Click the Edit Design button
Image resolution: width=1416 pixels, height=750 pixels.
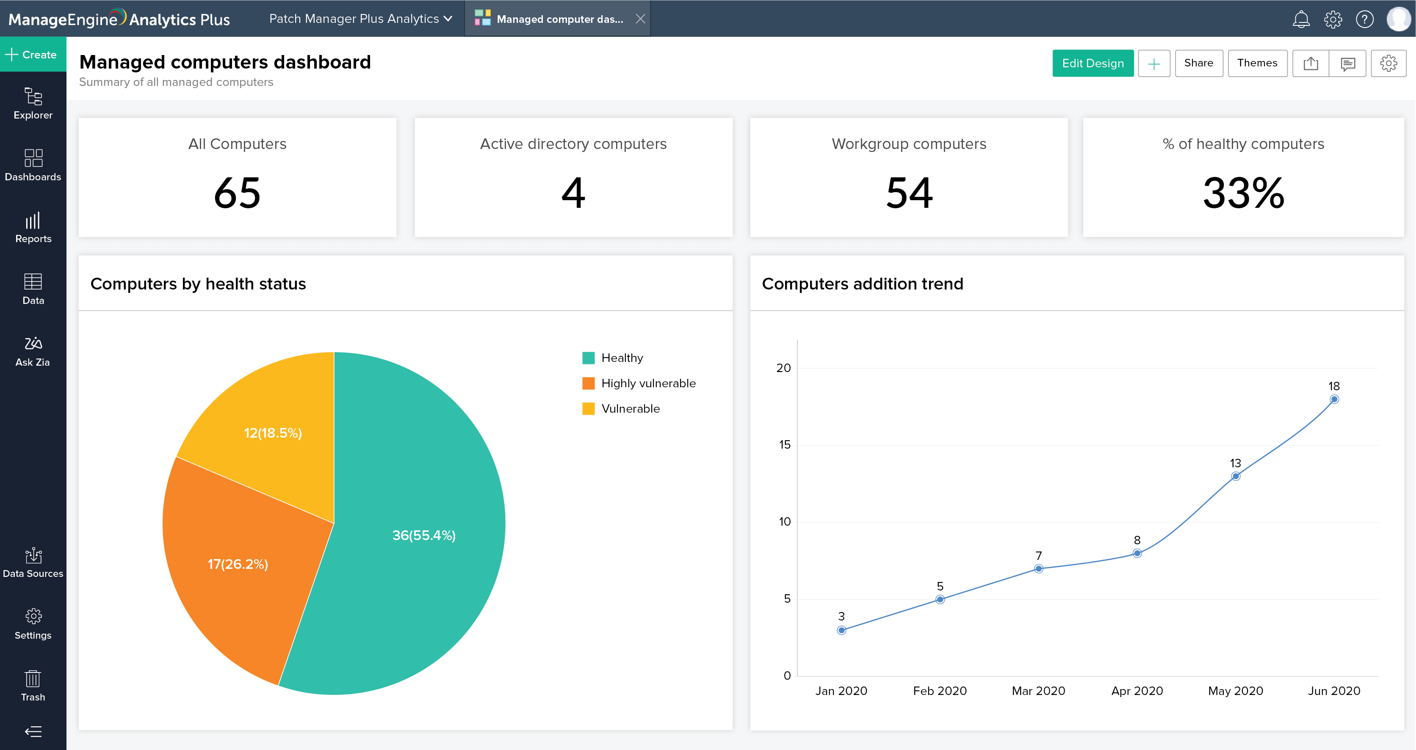[1092, 63]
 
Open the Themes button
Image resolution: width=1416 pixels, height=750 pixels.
[1257, 63]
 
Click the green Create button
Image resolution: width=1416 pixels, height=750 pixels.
[33, 55]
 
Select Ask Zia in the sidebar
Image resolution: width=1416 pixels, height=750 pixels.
[33, 351]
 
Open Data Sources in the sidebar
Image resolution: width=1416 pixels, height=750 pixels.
[33, 562]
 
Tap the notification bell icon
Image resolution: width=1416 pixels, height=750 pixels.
[1300, 19]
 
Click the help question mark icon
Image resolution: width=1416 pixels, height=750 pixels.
[1364, 19]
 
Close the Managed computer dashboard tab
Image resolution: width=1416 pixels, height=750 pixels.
[640, 19]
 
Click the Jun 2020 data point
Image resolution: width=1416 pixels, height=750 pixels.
[1334, 400]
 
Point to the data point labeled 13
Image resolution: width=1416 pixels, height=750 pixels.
[1236, 477]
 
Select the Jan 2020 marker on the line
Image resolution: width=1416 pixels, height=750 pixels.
[841, 630]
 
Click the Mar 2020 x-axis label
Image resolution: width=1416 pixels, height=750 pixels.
[1038, 691]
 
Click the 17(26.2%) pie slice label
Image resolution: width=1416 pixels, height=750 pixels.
[238, 564]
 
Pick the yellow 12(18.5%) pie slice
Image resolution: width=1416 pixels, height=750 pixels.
[273, 433]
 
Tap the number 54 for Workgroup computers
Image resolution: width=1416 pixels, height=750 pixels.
[909, 193]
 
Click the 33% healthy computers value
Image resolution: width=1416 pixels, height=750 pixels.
[1243, 193]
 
